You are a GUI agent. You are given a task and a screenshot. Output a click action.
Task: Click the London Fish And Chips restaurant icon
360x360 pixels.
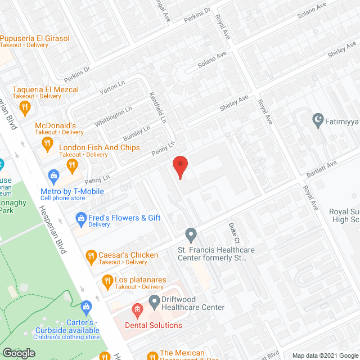coord(72,165)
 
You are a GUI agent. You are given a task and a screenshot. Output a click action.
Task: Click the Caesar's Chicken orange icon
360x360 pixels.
coord(91,258)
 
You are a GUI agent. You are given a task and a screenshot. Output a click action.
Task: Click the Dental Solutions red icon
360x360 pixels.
coord(136,309)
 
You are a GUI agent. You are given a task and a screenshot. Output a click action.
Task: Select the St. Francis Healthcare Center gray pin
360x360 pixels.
coord(191,233)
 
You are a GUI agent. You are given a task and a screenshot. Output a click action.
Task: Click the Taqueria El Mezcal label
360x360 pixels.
coord(46,89)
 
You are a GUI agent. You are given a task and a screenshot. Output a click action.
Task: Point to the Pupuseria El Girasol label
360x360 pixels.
coord(34,38)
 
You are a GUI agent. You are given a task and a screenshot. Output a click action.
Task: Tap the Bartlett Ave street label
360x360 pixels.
coord(321,168)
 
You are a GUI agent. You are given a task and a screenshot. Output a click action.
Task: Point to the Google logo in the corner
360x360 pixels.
coord(19,353)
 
